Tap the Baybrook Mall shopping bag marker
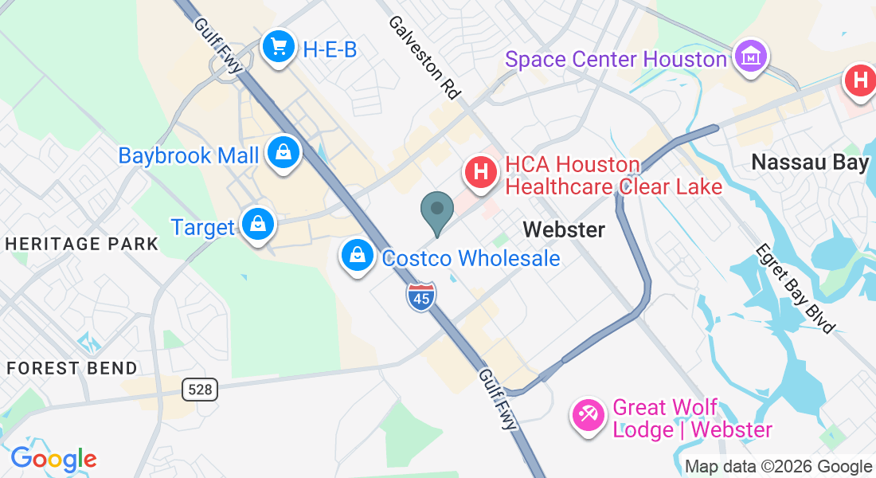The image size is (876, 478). tap(283, 152)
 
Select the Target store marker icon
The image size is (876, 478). tap(258, 224)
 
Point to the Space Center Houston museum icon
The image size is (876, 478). tap(751, 57)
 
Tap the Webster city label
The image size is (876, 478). tap(564, 230)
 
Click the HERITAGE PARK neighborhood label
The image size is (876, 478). tap(83, 244)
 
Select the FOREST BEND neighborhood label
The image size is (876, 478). tap(72, 368)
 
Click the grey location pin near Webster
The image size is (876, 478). tap(436, 211)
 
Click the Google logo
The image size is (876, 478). tap(53, 459)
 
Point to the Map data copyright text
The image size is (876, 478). tap(779, 467)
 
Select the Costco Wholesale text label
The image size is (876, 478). tap(471, 258)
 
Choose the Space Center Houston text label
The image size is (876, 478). tap(616, 59)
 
